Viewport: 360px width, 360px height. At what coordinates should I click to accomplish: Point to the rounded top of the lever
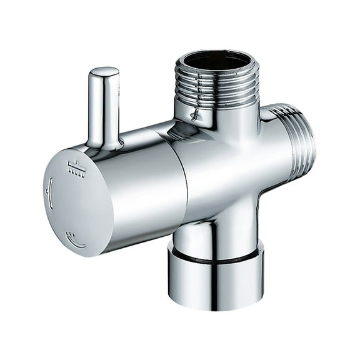104,73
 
